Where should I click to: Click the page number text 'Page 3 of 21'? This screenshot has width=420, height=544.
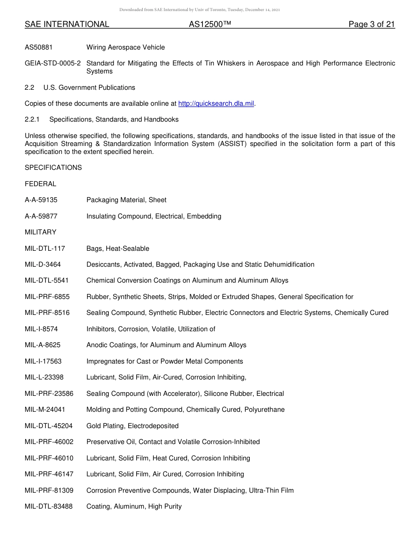[x=371, y=24]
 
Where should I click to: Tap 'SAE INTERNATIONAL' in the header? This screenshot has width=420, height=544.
[x=67, y=24]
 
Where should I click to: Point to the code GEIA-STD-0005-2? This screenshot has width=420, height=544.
[x=53, y=63]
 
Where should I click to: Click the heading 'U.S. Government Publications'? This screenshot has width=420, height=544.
[x=89, y=88]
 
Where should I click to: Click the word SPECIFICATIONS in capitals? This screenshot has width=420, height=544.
[x=53, y=168]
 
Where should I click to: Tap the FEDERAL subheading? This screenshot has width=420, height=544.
[x=40, y=184]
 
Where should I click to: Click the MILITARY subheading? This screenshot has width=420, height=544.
[x=40, y=232]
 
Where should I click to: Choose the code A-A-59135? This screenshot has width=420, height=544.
[x=41, y=200]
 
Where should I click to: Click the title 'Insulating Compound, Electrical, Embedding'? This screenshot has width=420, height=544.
[x=154, y=216]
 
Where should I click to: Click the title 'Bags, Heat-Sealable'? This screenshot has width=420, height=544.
[x=118, y=249]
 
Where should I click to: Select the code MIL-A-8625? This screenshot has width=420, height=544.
[x=42, y=345]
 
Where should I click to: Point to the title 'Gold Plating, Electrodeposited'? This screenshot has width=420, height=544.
[x=132, y=426]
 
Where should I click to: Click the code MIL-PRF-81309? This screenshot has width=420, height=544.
[x=49, y=490]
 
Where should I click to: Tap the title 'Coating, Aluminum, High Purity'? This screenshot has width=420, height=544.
[x=134, y=506]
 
